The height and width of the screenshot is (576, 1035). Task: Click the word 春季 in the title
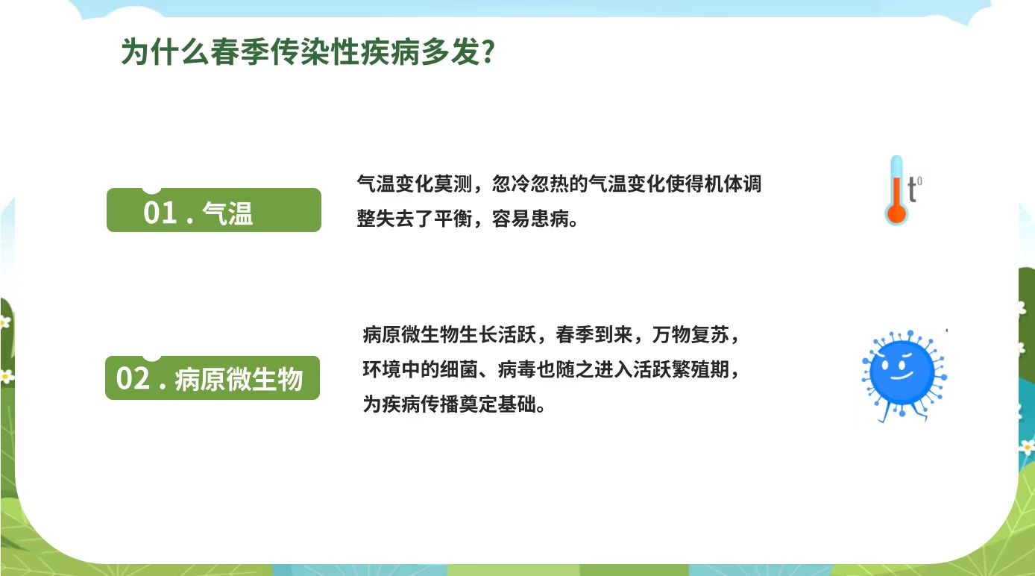[x=240, y=51]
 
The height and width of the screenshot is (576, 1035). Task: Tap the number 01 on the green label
[x=160, y=213]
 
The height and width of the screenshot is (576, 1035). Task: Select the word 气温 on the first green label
[x=227, y=213]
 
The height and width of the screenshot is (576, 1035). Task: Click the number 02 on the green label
[x=133, y=378]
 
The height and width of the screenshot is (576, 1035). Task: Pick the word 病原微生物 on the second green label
[x=239, y=380]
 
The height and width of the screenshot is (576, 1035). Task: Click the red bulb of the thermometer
[x=896, y=214]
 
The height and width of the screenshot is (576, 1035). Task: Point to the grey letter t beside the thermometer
[x=912, y=189]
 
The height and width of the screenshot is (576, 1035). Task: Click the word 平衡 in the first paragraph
[x=453, y=219]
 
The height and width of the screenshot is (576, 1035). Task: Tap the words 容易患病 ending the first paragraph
[x=530, y=219]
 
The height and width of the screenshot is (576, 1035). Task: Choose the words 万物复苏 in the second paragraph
[x=690, y=335]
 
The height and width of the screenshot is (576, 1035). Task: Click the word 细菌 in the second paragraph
[x=459, y=369]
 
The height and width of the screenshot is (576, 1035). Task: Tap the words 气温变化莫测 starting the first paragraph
[x=415, y=184]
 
